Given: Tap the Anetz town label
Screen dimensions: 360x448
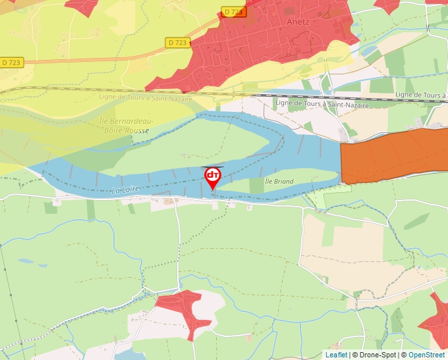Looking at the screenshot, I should pyautogui.click(x=298, y=20).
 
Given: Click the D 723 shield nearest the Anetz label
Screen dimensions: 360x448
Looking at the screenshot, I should pyautogui.click(x=233, y=12).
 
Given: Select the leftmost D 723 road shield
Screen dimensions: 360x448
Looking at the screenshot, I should pyautogui.click(x=11, y=63).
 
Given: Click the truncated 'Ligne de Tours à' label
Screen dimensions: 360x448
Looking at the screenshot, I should pyautogui.click(x=420, y=95).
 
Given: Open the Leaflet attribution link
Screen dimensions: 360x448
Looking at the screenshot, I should pyautogui.click(x=336, y=355).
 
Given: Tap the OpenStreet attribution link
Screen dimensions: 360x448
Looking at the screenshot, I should pyautogui.click(x=426, y=355).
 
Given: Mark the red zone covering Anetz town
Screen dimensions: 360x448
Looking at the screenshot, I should pyautogui.click(x=264, y=46).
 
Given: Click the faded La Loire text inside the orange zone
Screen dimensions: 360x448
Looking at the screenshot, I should pyautogui.click(x=366, y=171).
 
